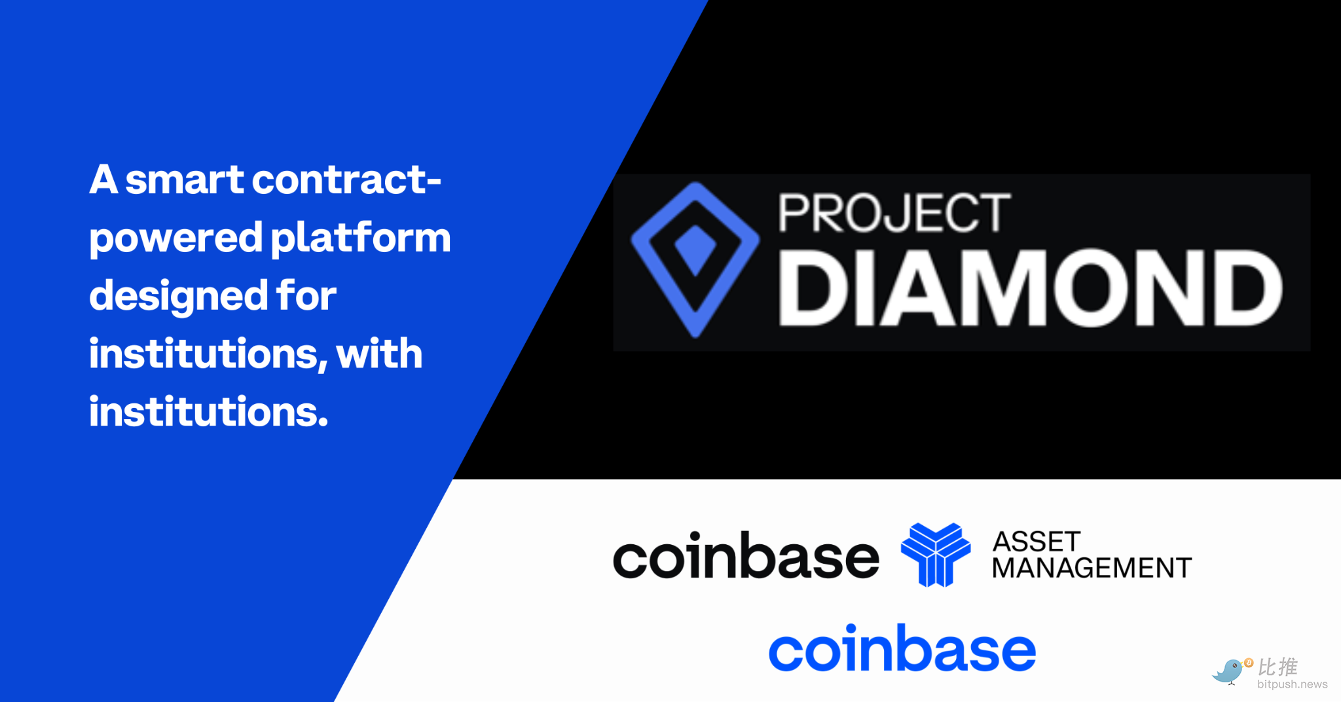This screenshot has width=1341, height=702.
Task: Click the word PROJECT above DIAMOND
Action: (894, 213)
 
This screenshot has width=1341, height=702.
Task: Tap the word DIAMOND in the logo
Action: (1030, 288)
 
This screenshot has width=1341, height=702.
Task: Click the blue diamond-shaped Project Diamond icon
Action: (695, 260)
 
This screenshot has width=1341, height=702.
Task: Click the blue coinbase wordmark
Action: (902, 648)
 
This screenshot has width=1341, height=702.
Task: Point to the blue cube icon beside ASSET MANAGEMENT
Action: (936, 555)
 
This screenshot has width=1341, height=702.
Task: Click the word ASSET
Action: (1037, 542)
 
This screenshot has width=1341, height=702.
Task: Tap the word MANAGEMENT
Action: (1092, 568)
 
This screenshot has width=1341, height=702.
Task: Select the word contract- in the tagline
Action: (347, 179)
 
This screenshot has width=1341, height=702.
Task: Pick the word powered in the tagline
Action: (176, 240)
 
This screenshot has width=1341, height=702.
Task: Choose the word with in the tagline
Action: (379, 354)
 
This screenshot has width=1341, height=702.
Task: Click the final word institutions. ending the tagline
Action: (208, 412)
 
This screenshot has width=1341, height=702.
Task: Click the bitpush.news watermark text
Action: (1292, 684)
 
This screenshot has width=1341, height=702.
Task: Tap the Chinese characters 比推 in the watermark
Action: (1277, 667)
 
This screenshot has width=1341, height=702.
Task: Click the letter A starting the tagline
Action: (103, 179)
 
